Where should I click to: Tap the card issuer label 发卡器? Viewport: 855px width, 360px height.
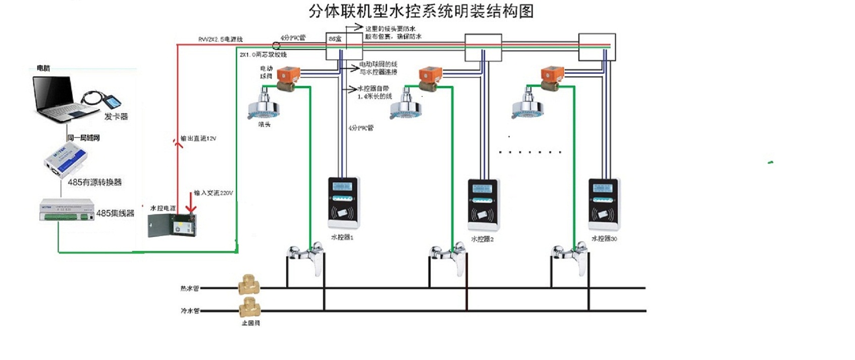pyautogui.click(x=116, y=116)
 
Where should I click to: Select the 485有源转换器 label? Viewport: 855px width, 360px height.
pyautogui.click(x=94, y=182)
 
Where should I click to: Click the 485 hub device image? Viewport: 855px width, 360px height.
pyautogui.click(x=66, y=211)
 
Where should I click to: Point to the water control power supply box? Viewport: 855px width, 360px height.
pyautogui.click(x=171, y=225)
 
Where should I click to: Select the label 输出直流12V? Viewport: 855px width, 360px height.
pyautogui.click(x=198, y=138)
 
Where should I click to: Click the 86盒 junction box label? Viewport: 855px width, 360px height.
pyautogui.click(x=335, y=39)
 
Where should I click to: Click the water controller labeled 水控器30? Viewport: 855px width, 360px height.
pyautogui.click(x=604, y=204)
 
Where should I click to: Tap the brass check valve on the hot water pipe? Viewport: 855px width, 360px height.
pyautogui.click(x=248, y=285)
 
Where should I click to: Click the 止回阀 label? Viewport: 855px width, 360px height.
pyautogui.click(x=250, y=323)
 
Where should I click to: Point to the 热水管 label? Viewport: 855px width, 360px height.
pyautogui.click(x=190, y=288)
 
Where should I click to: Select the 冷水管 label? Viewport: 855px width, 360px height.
pyautogui.click(x=190, y=311)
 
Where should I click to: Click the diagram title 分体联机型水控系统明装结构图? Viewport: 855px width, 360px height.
pyautogui.click(x=421, y=11)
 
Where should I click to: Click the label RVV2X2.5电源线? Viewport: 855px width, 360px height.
pyautogui.click(x=220, y=39)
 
